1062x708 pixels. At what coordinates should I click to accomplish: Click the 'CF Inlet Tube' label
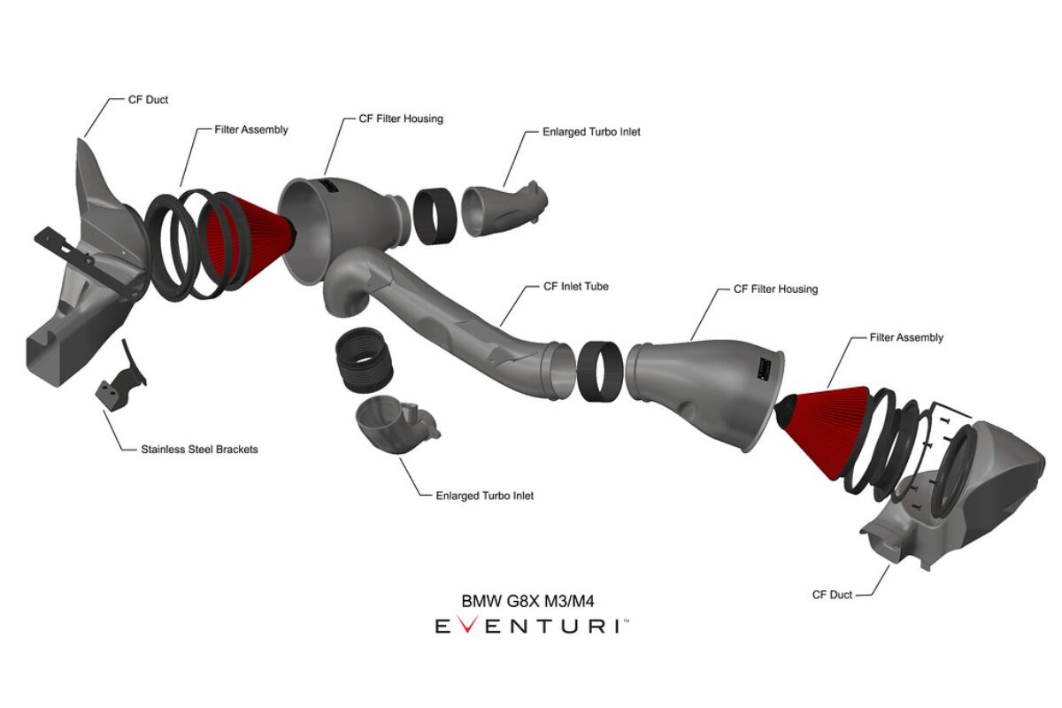tap(575, 287)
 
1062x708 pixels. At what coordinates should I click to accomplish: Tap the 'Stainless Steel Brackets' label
tap(199, 449)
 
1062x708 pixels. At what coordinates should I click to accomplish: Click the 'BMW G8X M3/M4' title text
tap(528, 601)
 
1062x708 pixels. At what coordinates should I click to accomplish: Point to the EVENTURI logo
tap(531, 627)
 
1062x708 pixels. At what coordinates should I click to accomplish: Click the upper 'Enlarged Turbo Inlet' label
tap(591, 132)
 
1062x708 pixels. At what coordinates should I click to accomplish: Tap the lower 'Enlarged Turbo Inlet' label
tap(484, 496)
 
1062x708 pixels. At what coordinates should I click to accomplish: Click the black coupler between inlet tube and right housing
tap(599, 369)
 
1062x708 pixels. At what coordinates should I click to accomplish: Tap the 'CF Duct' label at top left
tap(148, 100)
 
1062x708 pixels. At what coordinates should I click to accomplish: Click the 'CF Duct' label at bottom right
tap(832, 595)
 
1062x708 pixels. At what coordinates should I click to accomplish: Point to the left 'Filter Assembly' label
tap(251, 129)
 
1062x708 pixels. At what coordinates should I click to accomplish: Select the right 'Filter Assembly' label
tap(906, 337)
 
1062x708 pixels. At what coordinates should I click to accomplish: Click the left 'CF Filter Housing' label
tap(400, 118)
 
